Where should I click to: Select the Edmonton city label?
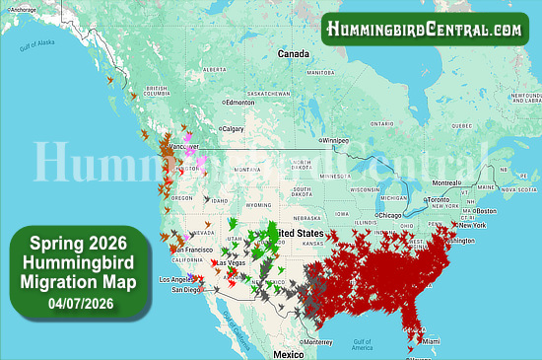click(x=240, y=102)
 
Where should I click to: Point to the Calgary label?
click(x=233, y=128)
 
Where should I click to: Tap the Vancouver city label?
click(x=184, y=147)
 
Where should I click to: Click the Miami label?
click(x=431, y=341)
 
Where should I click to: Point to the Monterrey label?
click(x=317, y=340)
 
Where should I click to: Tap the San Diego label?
click(x=186, y=290)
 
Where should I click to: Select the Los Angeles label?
click(x=178, y=280)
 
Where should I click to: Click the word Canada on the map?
click(x=293, y=53)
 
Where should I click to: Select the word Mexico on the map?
click(x=288, y=353)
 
